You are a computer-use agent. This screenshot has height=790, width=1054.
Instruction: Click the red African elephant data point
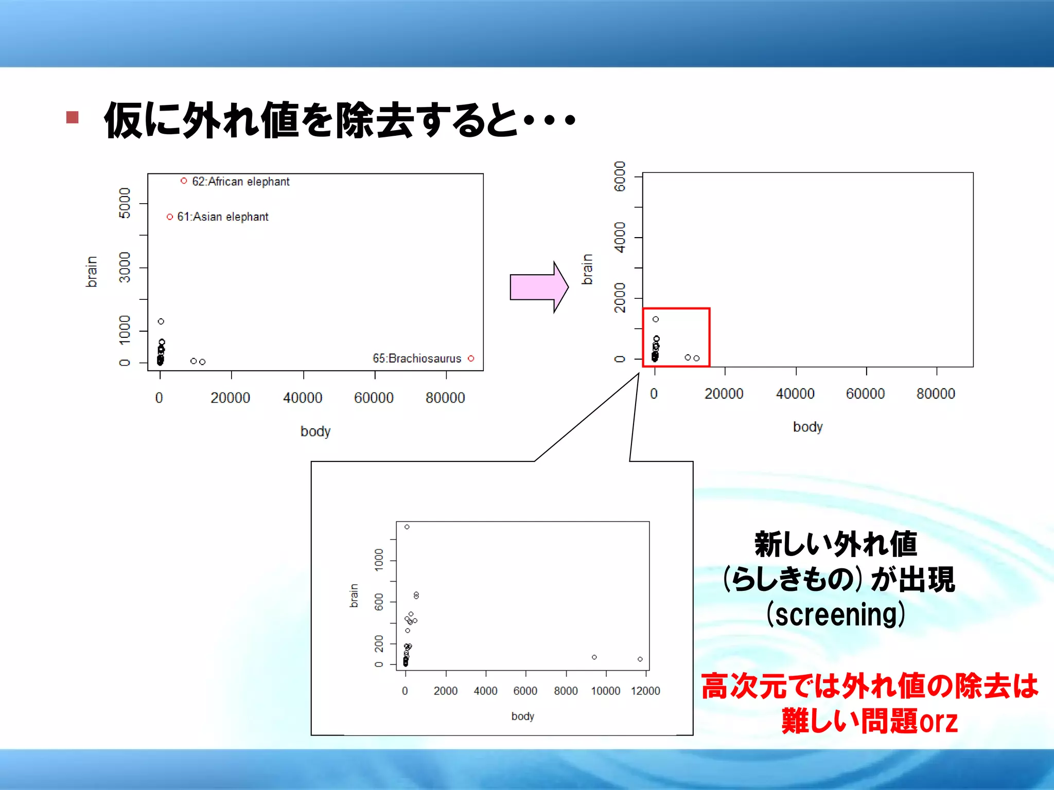(184, 181)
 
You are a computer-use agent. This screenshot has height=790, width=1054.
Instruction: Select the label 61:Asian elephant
(222, 217)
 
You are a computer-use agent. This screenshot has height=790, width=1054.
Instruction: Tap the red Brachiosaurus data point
(471, 358)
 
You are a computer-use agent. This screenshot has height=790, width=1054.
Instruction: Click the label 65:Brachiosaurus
(417, 358)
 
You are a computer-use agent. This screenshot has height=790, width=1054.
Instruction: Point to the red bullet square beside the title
(73, 117)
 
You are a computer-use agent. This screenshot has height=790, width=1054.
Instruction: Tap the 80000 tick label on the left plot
(445, 398)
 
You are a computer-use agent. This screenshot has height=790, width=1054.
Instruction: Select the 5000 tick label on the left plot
(125, 203)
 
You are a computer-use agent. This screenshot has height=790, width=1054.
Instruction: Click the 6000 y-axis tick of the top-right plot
(620, 176)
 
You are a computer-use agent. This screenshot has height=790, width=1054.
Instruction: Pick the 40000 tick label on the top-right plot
(795, 394)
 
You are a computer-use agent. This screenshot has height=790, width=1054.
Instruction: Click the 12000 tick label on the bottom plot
(645, 691)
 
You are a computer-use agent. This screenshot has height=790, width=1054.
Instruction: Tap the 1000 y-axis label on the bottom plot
(379, 560)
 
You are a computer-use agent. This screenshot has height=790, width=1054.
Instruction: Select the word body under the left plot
(315, 431)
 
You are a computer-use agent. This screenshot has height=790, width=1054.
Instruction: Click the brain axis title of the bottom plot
(354, 595)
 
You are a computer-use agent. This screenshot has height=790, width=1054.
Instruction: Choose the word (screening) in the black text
(836, 614)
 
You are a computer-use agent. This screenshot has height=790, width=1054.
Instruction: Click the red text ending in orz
(870, 721)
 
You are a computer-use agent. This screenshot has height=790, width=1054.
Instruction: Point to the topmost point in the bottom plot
(407, 527)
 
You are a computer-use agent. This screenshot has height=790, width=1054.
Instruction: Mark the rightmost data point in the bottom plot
(640, 659)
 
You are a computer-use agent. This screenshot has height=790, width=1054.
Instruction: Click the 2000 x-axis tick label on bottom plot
(446, 691)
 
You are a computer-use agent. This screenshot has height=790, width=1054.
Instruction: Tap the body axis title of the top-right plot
(808, 427)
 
